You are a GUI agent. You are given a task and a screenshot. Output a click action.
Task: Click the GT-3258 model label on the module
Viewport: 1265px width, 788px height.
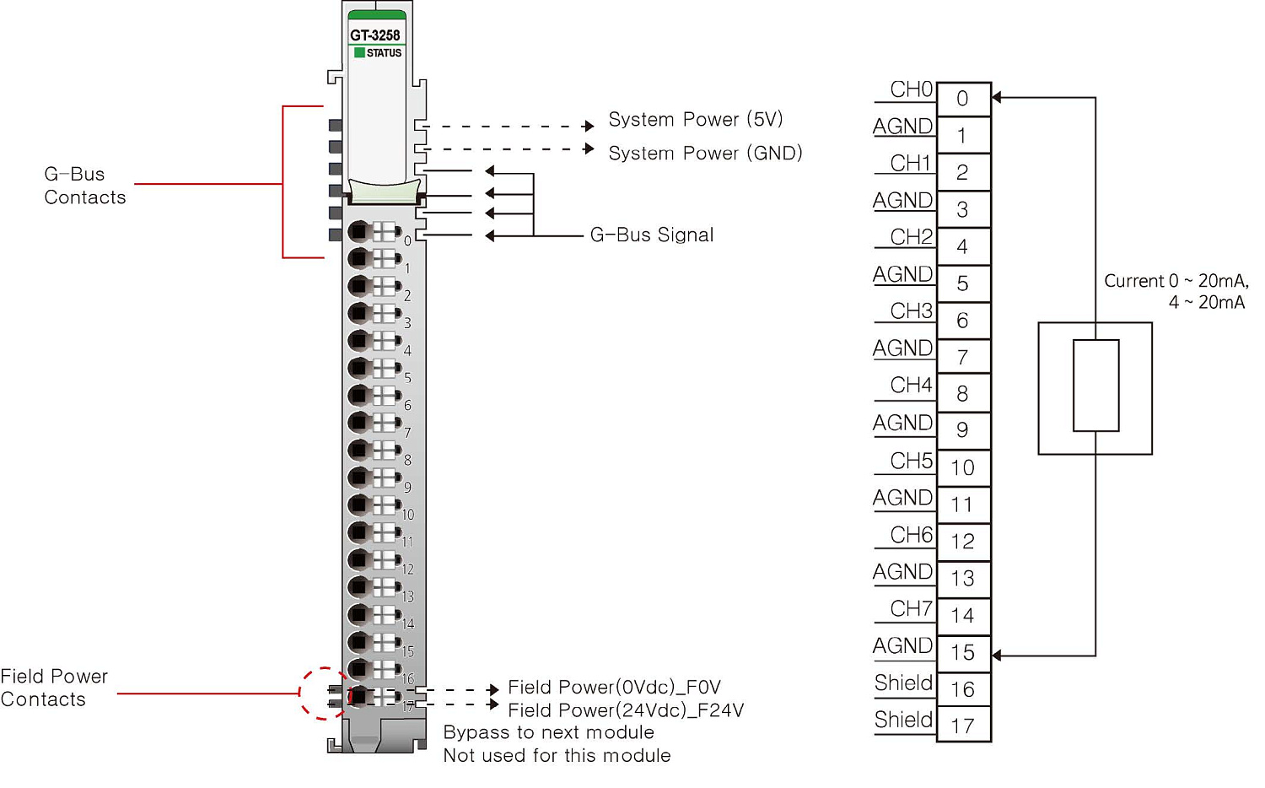[x=375, y=35]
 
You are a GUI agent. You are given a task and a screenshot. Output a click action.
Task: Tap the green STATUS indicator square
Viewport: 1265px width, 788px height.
[x=360, y=52]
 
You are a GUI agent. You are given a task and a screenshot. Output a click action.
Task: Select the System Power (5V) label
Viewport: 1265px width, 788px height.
[x=696, y=120]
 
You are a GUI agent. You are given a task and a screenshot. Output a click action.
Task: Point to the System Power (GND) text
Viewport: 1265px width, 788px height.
[x=705, y=154]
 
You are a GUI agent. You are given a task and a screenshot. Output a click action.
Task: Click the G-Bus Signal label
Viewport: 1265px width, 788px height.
[x=652, y=235]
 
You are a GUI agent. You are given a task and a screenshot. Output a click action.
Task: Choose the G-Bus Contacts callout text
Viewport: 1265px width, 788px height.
[x=84, y=186]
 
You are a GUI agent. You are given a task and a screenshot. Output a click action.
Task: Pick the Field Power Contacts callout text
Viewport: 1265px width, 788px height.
[x=54, y=688]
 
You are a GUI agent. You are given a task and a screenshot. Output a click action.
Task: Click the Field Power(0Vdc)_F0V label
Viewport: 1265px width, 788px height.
[x=614, y=688]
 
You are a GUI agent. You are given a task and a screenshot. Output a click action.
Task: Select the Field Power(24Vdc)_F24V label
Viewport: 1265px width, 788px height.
[x=626, y=710]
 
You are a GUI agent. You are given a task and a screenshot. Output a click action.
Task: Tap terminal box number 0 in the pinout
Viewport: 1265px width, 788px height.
[x=962, y=100]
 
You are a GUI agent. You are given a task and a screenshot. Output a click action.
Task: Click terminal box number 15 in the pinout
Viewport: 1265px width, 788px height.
[x=962, y=653]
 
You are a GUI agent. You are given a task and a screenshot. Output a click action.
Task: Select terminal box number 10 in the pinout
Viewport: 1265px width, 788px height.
[x=962, y=468]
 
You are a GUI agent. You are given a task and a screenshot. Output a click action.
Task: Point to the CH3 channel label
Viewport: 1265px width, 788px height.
[x=911, y=311]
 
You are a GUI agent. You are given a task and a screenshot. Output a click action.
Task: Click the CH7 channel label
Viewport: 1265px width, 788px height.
[x=911, y=609]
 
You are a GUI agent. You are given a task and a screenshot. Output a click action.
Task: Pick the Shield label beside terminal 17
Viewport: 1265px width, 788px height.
[x=903, y=720]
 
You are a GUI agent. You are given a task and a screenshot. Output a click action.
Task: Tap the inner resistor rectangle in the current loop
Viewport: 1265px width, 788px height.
[x=1095, y=386]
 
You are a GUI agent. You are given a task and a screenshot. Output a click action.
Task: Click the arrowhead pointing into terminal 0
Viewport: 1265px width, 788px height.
[x=997, y=98]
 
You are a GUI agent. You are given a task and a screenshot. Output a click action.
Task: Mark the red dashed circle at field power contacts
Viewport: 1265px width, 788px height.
[x=325, y=694]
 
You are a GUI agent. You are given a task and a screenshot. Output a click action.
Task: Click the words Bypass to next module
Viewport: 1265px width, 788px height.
[x=548, y=732]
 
